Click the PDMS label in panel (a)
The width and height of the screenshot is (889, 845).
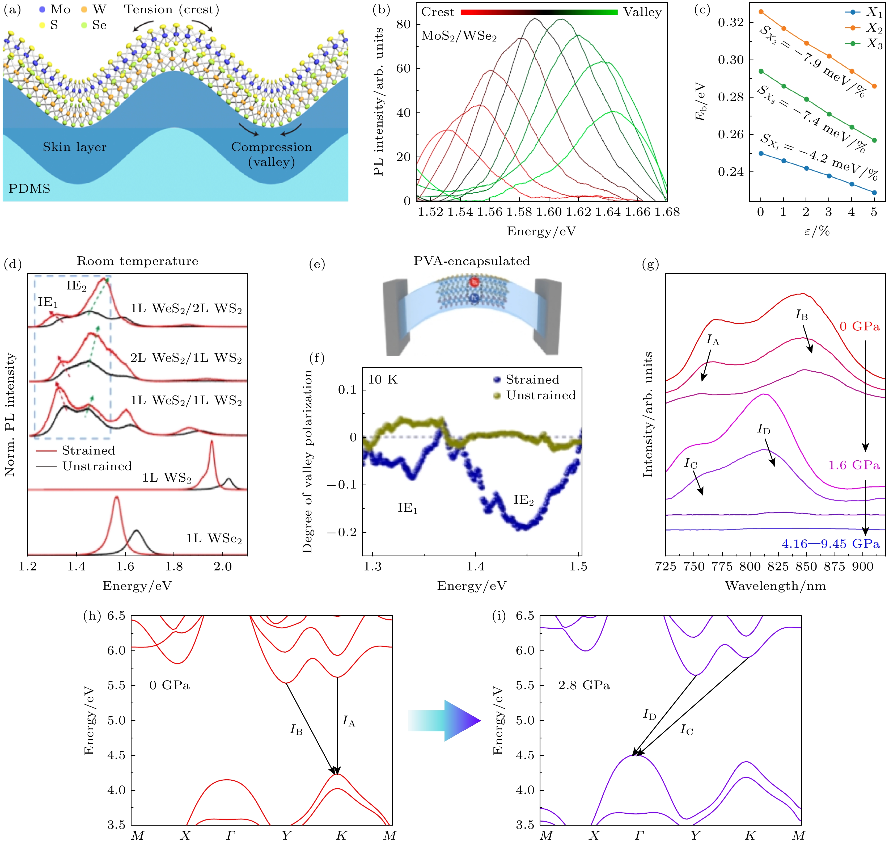[x=29, y=188]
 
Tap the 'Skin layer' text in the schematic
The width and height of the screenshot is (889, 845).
[x=75, y=147]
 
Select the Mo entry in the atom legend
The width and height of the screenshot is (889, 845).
[x=55, y=10]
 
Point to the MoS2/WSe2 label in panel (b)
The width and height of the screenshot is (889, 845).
[x=459, y=36]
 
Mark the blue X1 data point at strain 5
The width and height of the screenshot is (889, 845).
[x=874, y=193]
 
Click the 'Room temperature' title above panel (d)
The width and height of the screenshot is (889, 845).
[x=137, y=261]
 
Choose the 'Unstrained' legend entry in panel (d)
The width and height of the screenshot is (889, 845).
[x=97, y=466]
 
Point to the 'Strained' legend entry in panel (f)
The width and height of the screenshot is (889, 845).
[x=532, y=380]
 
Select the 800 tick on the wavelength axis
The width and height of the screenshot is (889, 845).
[x=750, y=567]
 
